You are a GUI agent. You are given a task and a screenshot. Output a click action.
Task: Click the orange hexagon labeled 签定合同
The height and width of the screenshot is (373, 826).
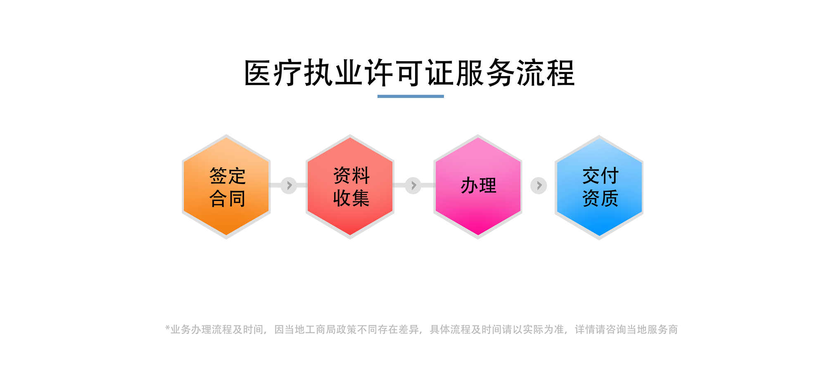226,186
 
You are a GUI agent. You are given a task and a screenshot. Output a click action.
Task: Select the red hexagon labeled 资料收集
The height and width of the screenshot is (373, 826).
350,186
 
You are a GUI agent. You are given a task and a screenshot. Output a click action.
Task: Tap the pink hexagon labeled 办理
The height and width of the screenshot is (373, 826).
478,186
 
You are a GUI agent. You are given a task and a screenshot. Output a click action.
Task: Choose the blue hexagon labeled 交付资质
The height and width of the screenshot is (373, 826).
599,187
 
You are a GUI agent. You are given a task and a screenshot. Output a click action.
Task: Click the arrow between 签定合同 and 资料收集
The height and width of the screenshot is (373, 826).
289,185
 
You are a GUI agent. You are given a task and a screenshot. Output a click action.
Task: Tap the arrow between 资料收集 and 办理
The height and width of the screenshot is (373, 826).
413,185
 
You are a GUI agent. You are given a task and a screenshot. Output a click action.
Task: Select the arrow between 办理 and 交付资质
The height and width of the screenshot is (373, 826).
539,185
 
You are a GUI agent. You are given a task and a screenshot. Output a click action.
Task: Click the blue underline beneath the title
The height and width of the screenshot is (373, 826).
411,96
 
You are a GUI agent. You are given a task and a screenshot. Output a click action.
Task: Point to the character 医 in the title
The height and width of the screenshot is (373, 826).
258,73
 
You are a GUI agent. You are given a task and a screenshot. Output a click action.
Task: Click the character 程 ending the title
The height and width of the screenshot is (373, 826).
561,73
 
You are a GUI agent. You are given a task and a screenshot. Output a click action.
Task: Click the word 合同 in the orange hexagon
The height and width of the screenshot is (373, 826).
227,198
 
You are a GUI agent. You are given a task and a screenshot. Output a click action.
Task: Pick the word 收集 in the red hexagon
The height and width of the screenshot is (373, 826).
351,198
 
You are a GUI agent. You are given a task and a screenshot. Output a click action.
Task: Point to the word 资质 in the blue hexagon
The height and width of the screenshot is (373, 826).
600,198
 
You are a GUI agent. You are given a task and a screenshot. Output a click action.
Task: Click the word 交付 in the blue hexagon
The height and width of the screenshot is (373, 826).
600,176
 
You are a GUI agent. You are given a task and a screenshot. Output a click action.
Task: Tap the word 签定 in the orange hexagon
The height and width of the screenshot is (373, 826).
227,176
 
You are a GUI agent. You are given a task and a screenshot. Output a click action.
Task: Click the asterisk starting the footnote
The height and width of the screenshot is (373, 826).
167,328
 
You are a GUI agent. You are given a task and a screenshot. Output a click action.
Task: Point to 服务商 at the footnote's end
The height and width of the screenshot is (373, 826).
662,330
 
